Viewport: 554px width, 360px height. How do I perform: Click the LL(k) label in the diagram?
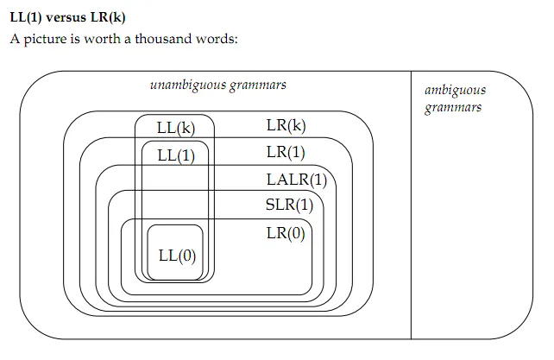click(176, 129)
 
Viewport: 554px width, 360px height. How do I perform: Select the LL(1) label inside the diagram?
click(176, 156)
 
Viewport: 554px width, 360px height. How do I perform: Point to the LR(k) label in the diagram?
click(286, 126)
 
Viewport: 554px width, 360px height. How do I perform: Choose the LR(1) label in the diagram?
click(286, 153)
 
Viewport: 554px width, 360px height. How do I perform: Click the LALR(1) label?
click(297, 180)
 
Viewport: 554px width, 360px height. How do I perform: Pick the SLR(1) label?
click(289, 205)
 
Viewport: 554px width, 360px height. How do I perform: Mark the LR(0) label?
click(286, 232)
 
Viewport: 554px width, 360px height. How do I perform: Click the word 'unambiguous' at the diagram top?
click(188, 85)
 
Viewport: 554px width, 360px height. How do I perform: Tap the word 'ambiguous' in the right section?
click(455, 90)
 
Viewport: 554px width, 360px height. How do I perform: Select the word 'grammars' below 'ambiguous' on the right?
click(452, 107)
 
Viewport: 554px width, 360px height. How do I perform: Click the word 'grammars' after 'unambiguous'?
click(258, 85)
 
